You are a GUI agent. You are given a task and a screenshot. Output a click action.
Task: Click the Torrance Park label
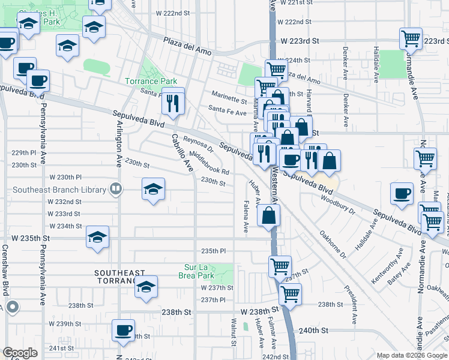[151, 81]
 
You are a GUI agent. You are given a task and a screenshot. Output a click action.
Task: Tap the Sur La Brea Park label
[207, 271]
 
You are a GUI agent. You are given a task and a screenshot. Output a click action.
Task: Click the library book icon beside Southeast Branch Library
[115, 190]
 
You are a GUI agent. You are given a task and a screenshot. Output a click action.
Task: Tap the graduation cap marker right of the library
[154, 190]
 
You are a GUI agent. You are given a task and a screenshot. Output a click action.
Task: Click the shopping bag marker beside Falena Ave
[269, 215]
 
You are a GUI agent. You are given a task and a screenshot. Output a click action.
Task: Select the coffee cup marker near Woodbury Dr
[402, 194]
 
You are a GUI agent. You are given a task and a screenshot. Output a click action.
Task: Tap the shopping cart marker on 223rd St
[411, 39]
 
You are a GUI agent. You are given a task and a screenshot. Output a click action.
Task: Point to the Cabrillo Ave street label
[181, 152]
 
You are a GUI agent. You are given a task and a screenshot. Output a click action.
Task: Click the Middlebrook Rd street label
[209, 162]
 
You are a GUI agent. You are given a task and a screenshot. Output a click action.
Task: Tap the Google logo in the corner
[20, 352]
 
